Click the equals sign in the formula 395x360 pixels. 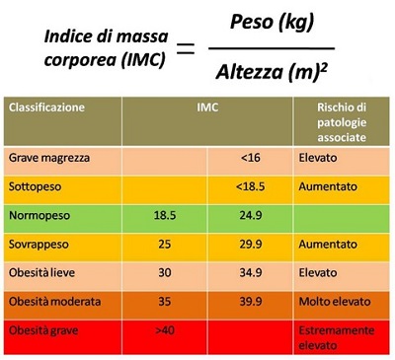pos(186,48)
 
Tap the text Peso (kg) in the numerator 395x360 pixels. pos(272,23)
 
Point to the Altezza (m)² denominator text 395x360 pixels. pos(272,72)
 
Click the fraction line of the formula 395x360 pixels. pos(272,48)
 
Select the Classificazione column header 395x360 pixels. pos(46,108)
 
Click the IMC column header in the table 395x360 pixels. pos(207,108)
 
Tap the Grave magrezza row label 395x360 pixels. pos(49,158)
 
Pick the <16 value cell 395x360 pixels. pos(251,158)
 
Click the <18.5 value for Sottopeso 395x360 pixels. pos(250,186)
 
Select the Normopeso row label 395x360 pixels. pos(39,216)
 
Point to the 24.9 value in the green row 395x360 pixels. pos(251,215)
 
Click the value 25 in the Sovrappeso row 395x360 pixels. pos(165,245)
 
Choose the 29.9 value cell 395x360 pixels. pos(251,245)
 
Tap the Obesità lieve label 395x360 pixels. pos(41,273)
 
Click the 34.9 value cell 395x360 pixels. pos(251,273)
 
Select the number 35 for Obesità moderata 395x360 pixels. pos(165,302)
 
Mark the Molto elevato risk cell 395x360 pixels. pos(335,302)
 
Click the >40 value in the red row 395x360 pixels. pos(165,330)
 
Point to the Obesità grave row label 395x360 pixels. pos(43,330)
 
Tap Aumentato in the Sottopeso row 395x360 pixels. pos(328,186)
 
